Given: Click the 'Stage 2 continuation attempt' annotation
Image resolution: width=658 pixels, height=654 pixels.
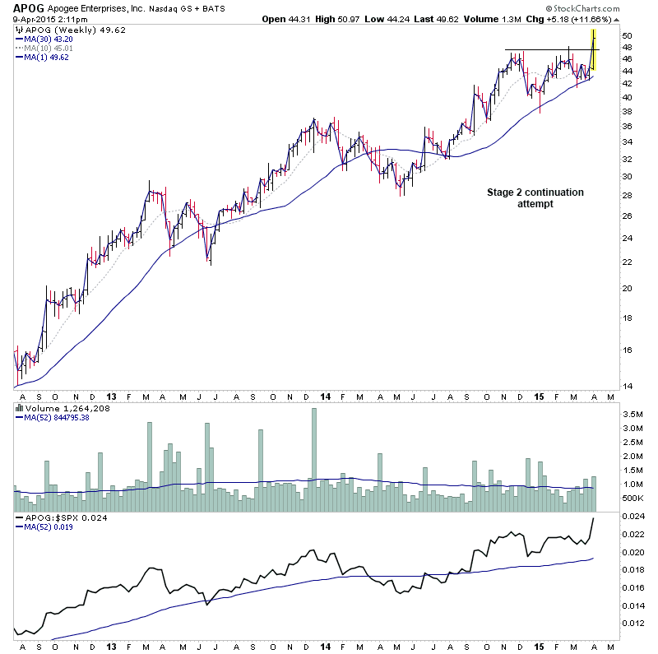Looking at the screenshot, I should [534, 197].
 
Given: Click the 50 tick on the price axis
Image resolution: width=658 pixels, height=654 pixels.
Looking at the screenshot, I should [626, 36].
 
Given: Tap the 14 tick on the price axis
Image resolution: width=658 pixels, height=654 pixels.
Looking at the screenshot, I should [626, 386].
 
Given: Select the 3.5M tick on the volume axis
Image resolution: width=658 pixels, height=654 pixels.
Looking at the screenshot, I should [632, 415].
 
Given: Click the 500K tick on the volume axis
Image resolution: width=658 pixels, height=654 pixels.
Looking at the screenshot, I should [633, 498].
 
